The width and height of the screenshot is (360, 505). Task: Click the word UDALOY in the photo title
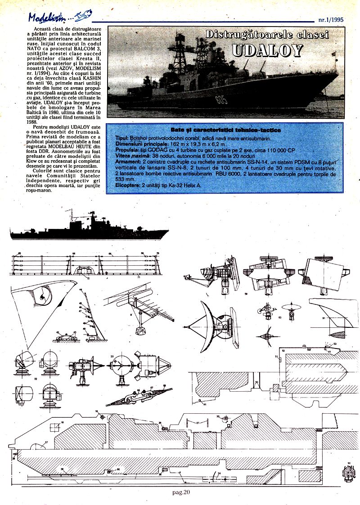[267, 50]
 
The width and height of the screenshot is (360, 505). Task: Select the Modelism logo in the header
[49, 17]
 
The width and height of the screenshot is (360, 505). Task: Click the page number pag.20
[181, 492]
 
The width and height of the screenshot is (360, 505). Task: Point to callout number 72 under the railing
[88, 279]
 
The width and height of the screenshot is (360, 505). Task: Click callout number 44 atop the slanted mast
[81, 291]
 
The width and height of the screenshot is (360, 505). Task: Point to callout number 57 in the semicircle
[46, 443]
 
